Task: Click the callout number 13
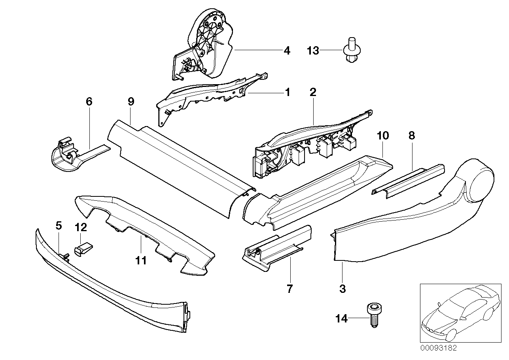pyautogui.click(x=313, y=51)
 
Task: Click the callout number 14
pyautogui.click(x=341, y=319)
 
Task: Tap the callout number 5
pyautogui.click(x=59, y=226)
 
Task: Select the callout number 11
pyautogui.click(x=141, y=260)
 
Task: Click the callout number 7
pyautogui.click(x=290, y=289)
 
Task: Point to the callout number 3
pyautogui.click(x=342, y=289)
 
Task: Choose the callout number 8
pyautogui.click(x=412, y=136)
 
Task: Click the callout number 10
pyautogui.click(x=383, y=136)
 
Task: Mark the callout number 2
pyautogui.click(x=313, y=92)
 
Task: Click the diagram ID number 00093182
pyautogui.click(x=438, y=348)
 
